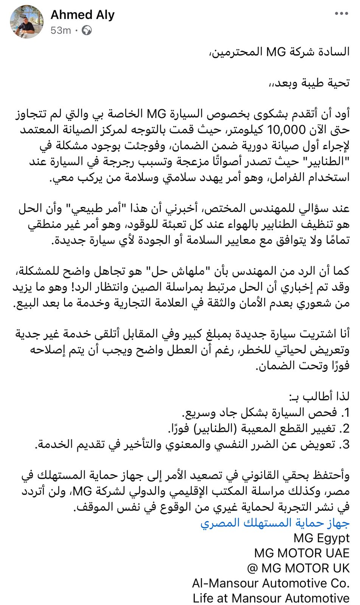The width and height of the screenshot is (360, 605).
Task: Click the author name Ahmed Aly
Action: pos(82,15)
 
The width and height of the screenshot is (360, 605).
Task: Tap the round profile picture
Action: pos(27,22)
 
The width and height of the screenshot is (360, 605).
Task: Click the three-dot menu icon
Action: pos(341,14)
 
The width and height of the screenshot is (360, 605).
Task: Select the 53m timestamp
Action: pos(61,30)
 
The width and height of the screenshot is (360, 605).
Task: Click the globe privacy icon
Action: pos(87,30)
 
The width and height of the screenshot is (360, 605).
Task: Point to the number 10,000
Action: pos(286,130)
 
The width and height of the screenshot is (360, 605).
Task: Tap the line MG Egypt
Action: pos(321,538)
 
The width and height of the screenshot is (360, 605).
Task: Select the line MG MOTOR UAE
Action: pos(302,553)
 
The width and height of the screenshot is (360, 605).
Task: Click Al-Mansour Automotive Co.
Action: pos(271,583)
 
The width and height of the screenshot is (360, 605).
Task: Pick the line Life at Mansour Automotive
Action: pos(271,598)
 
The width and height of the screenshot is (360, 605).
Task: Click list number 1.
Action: pos(345,412)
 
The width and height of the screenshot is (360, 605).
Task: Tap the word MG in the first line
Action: pos(276,51)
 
